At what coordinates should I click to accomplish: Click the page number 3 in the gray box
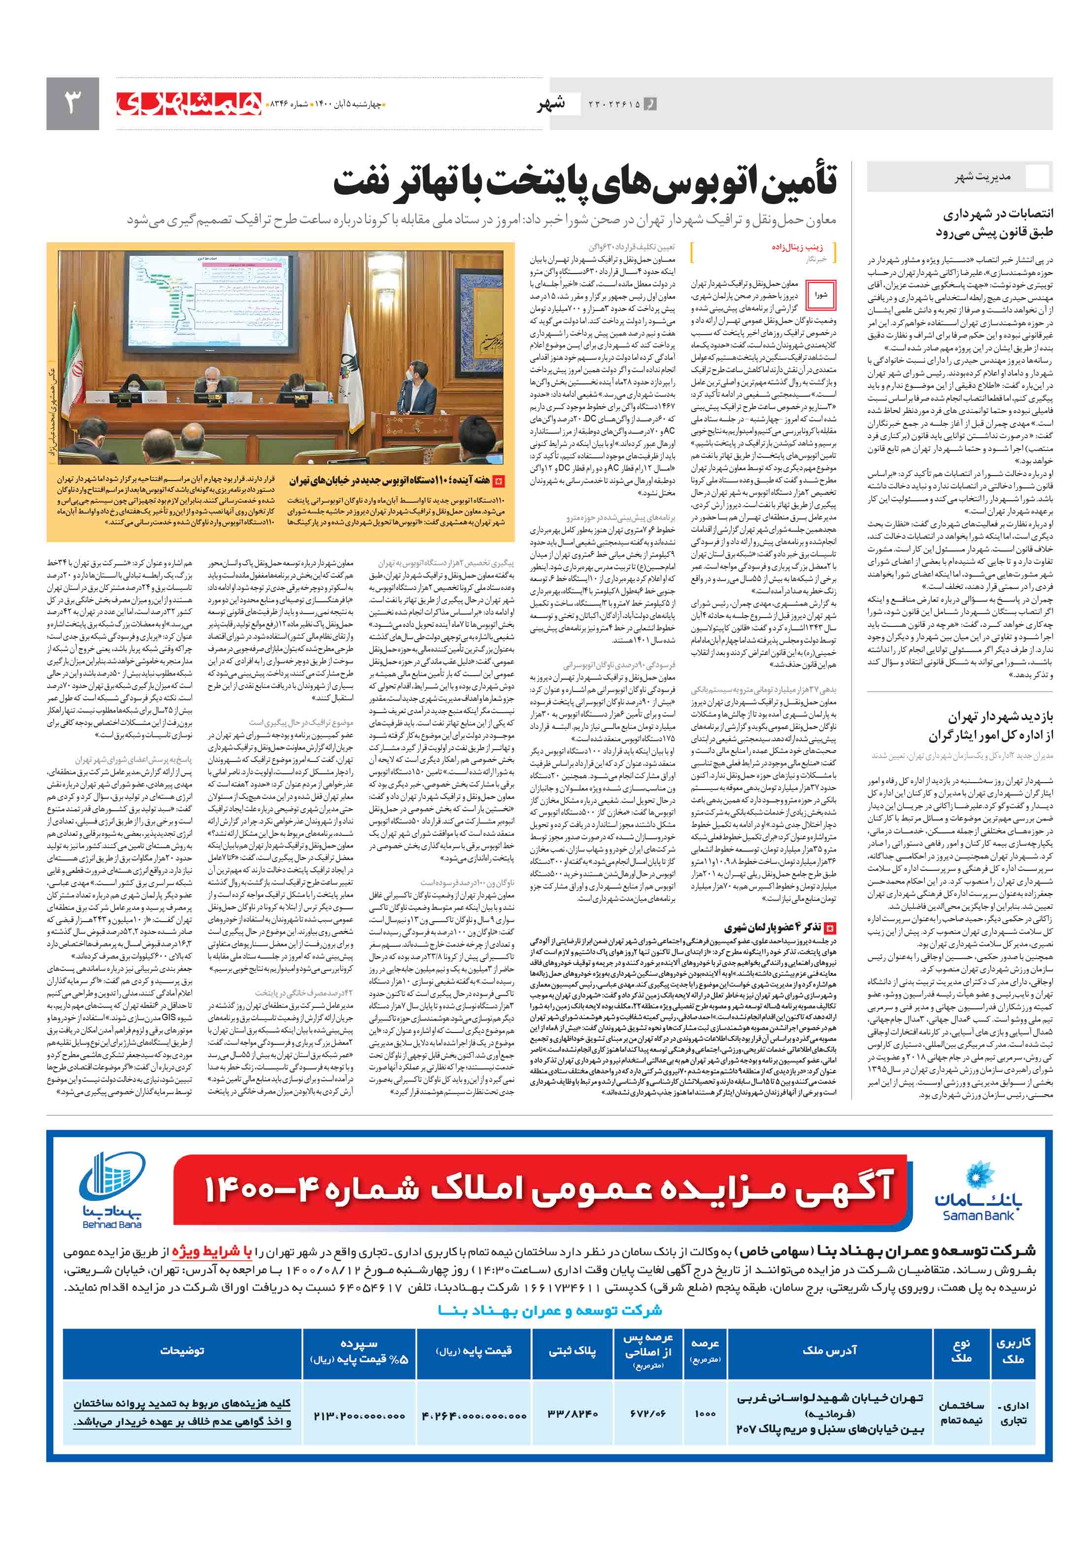point(72,103)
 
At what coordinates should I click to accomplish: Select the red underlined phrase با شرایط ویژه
point(211,1252)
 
